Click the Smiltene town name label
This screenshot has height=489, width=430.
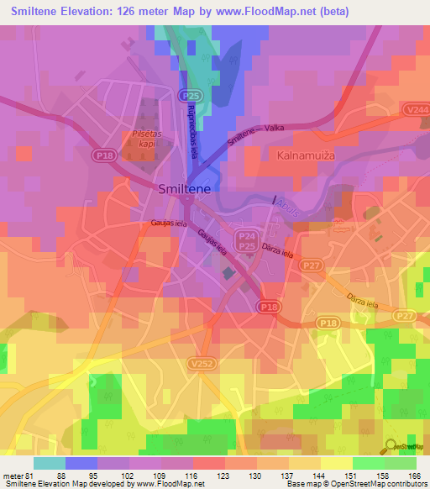[187, 190]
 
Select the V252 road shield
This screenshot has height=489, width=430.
[200, 363]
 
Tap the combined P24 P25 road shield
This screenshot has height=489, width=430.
[246, 242]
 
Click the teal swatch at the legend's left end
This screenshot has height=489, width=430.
[49, 463]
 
